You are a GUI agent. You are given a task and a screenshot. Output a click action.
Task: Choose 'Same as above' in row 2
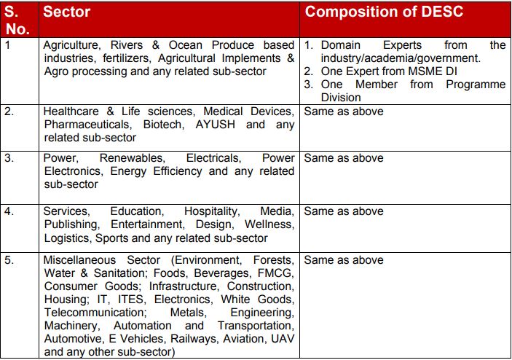pyautogui.click(x=343, y=111)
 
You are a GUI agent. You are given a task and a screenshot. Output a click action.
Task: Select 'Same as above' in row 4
pyautogui.click(x=343, y=211)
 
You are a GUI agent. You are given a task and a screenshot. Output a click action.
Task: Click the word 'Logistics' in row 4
pyautogui.click(x=67, y=238)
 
